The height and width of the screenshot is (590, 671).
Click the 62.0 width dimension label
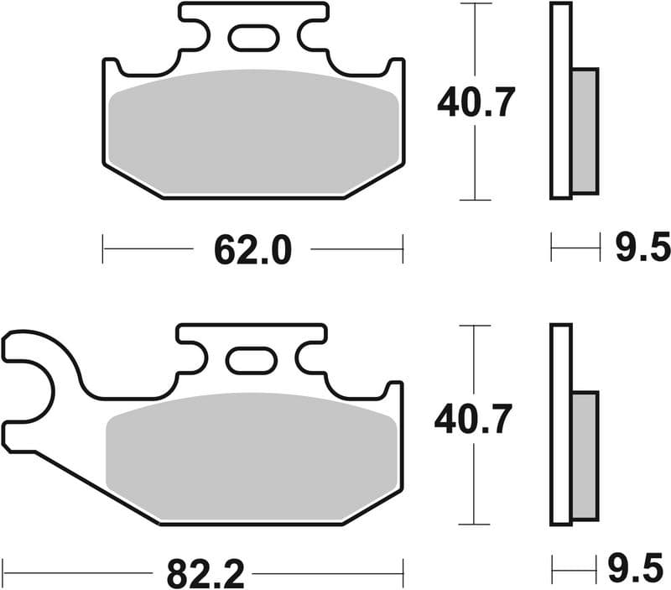click(x=252, y=249)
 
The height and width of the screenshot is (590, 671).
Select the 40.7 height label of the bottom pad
click(x=473, y=419)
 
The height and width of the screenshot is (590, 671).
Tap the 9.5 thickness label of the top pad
click(x=642, y=248)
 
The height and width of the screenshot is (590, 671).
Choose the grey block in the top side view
click(x=585, y=130)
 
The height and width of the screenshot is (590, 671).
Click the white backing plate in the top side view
click(x=560, y=101)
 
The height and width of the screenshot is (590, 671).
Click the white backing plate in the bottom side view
click(x=560, y=424)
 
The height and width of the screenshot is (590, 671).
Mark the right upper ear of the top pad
click(x=393, y=70)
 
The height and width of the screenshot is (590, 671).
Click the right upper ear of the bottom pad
click(x=393, y=394)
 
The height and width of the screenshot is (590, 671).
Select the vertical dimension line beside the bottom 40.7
click(x=476, y=487)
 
